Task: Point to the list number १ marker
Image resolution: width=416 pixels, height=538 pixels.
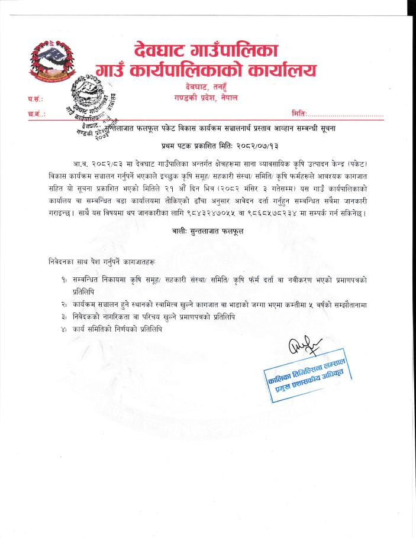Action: pyautogui.click(x=62, y=278)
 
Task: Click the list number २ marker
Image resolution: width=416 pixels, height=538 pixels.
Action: pyautogui.click(x=62, y=304)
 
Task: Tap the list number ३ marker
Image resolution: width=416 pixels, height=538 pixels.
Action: pyautogui.click(x=62, y=317)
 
